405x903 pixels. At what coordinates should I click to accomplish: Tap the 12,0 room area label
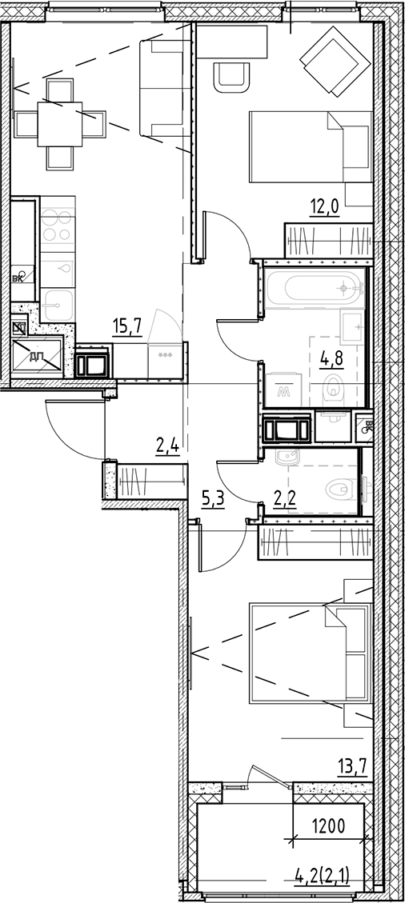click(x=324, y=208)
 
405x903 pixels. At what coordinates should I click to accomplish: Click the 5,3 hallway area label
click(x=212, y=501)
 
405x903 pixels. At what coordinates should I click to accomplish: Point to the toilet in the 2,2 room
click(x=341, y=487)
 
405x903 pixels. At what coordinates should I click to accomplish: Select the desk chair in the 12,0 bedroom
click(x=231, y=74)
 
